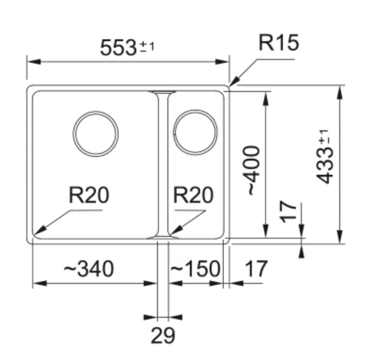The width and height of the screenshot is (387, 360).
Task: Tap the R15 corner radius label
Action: (278, 43)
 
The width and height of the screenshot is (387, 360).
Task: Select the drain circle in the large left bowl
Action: (95, 133)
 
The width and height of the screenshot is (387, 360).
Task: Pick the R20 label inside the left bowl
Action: (89, 195)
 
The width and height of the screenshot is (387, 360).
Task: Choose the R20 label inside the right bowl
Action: (193, 195)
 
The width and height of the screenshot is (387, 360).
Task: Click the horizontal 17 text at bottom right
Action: (255, 269)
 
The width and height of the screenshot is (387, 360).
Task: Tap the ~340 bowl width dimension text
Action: (88, 269)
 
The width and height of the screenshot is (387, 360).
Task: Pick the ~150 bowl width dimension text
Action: (195, 269)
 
